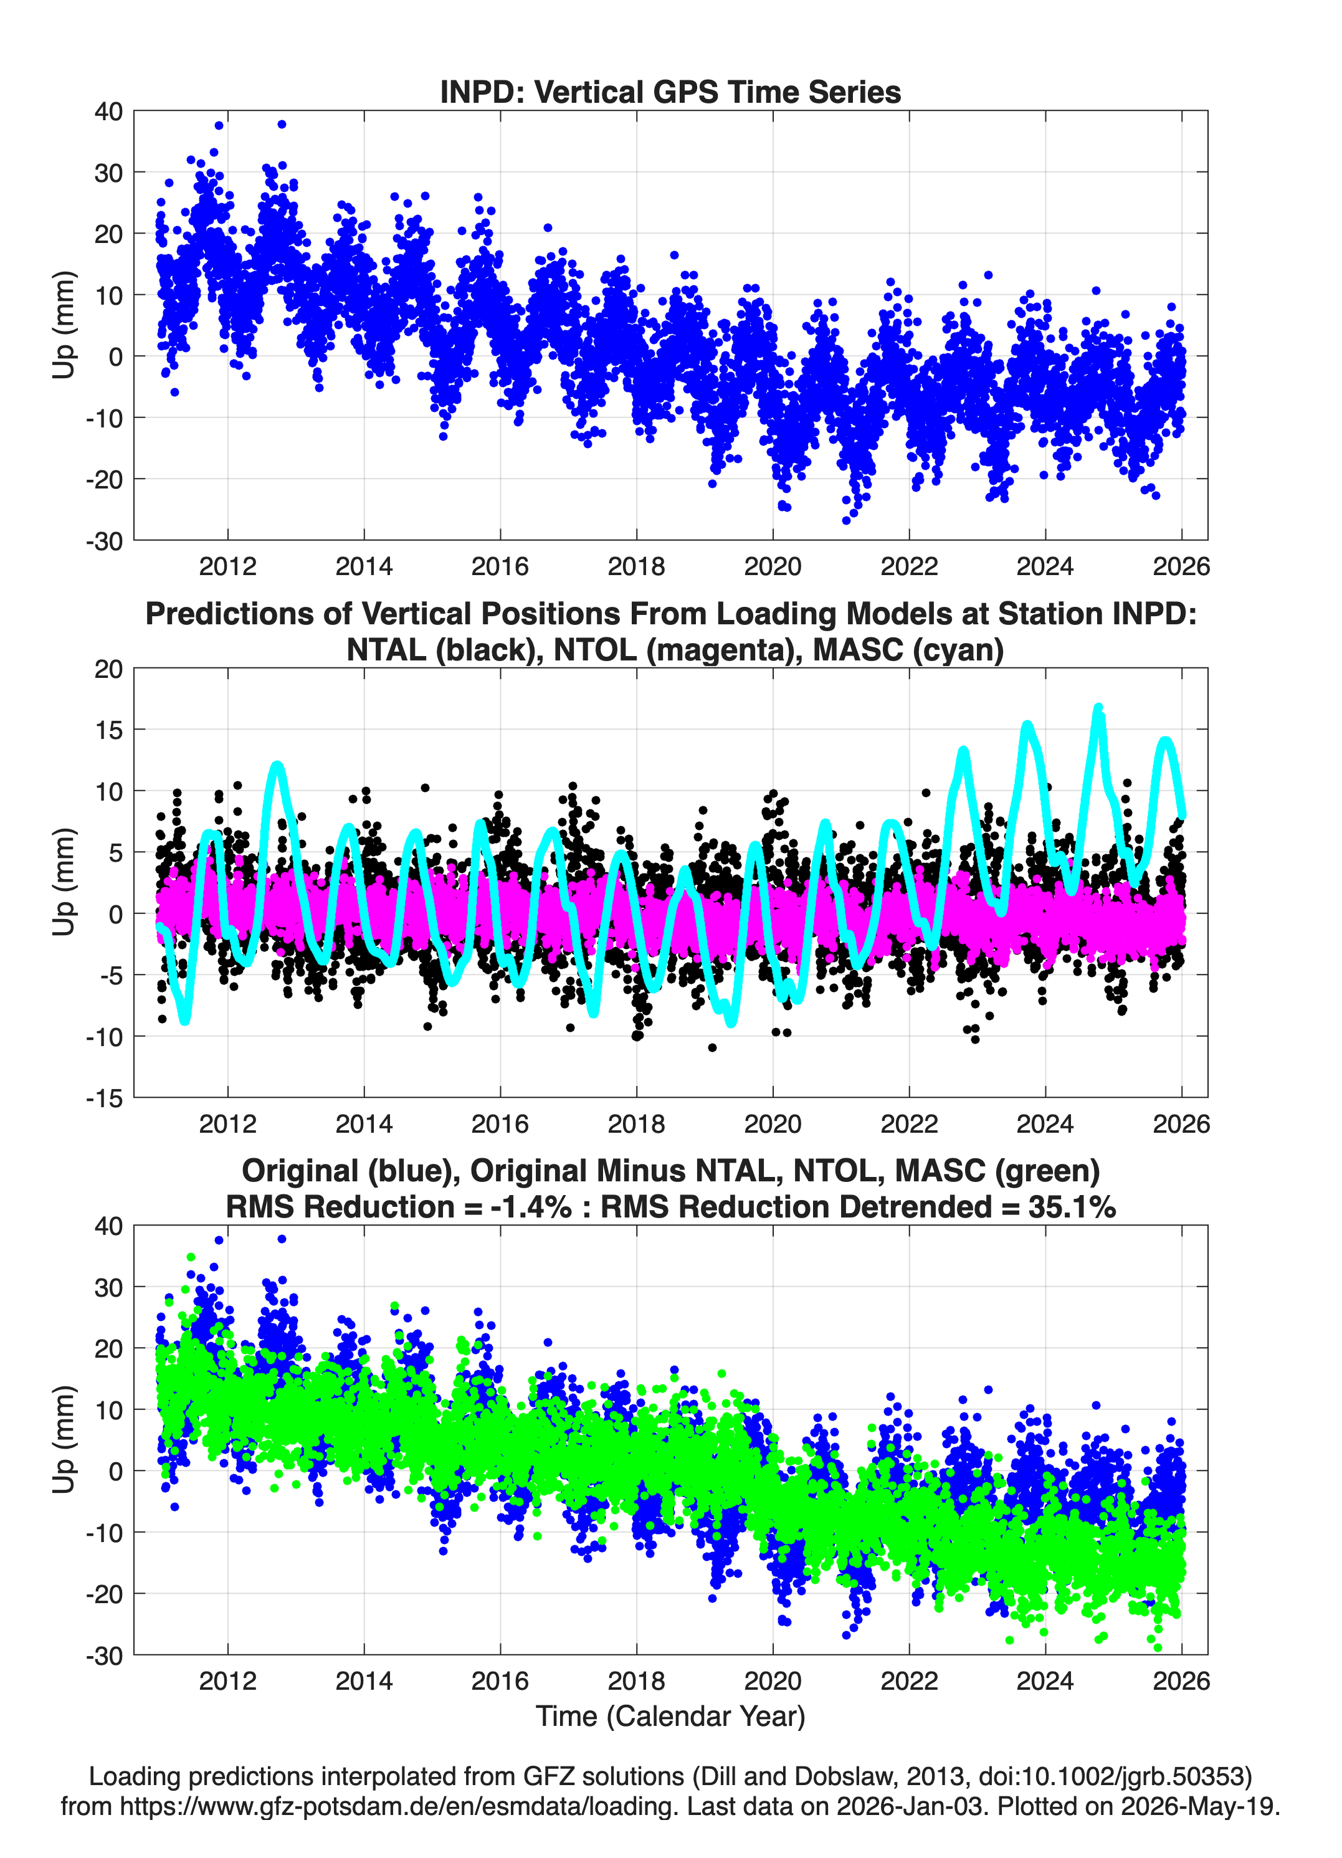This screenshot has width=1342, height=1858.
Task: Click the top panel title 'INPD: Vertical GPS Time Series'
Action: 670,92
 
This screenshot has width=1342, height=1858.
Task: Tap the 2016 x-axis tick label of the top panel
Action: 500,566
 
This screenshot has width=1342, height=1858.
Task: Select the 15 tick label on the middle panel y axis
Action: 109,729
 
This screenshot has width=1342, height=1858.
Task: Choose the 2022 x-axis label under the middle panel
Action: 908,1124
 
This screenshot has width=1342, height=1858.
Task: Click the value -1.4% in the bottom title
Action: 530,1207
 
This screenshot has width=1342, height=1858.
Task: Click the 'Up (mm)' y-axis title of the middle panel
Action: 64,882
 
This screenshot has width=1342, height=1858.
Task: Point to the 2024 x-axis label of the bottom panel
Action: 1045,1681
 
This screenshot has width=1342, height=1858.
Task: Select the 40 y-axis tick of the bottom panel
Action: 109,1226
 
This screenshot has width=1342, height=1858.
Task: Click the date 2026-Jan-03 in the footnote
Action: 910,1806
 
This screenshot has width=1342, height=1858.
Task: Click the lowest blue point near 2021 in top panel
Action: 846,520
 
